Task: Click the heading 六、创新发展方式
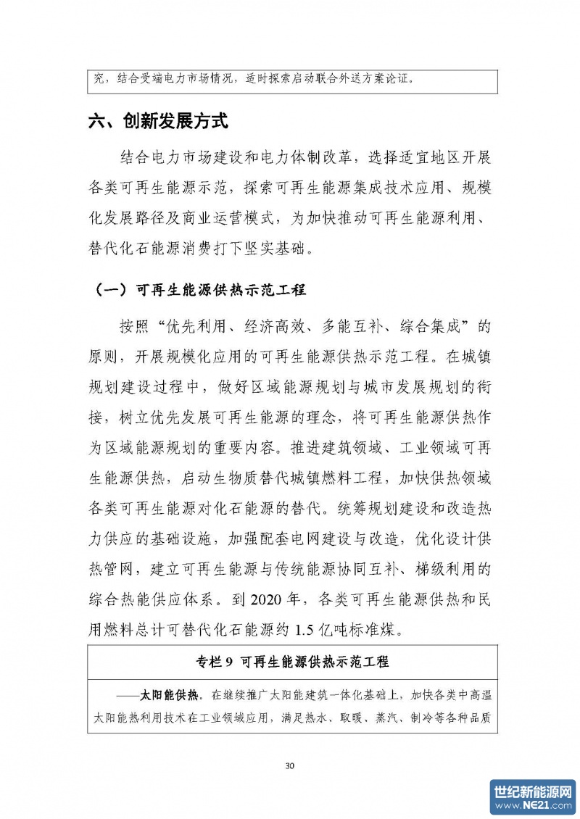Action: point(158,122)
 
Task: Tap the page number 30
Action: point(290,765)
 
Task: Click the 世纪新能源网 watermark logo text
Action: point(533,791)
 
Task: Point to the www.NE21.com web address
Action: point(533,806)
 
